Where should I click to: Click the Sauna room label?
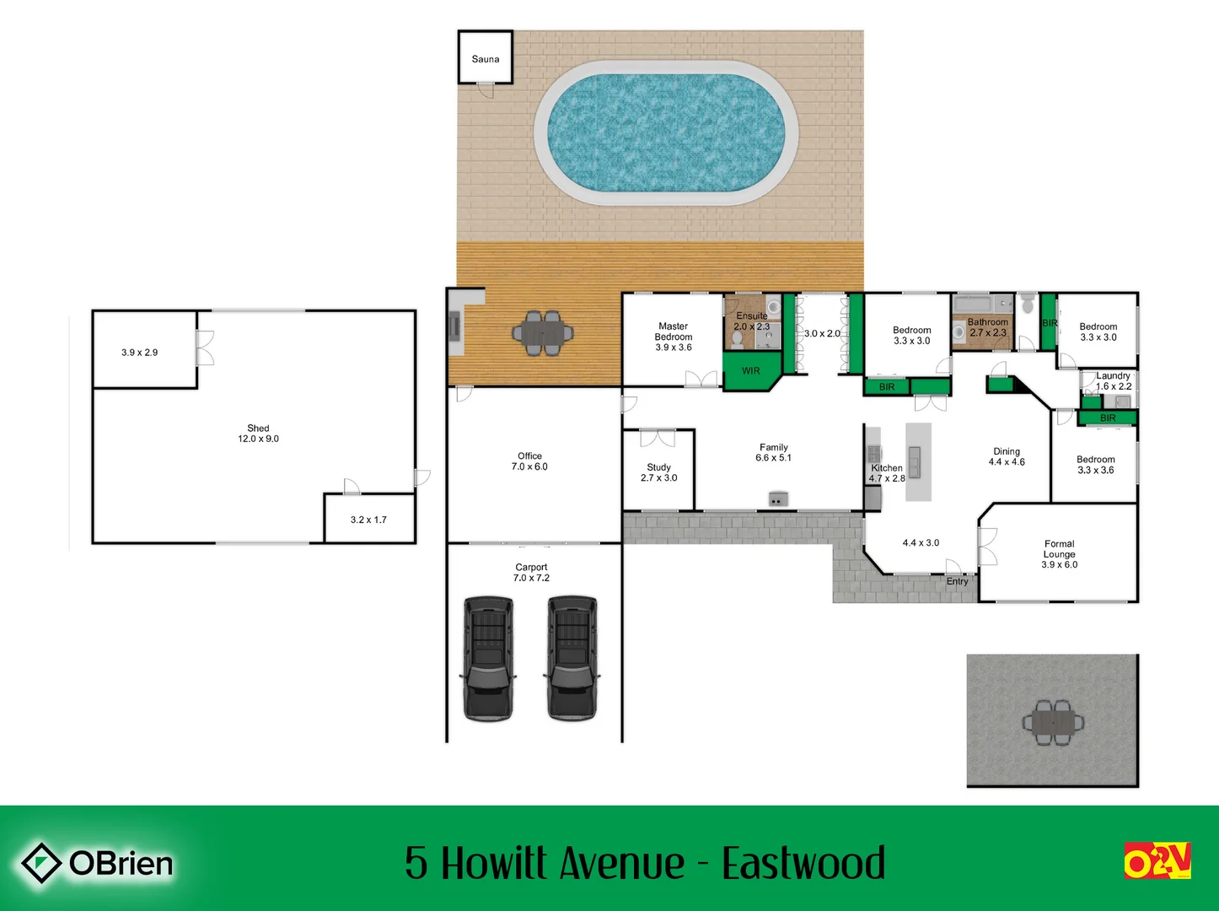click(x=485, y=59)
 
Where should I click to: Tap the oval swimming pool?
click(x=666, y=132)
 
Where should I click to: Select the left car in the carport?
click(x=488, y=658)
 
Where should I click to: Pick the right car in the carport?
click(x=572, y=658)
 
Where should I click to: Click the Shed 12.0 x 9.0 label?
click(x=258, y=434)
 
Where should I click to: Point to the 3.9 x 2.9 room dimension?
click(x=139, y=353)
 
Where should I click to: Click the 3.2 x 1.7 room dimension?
click(x=368, y=520)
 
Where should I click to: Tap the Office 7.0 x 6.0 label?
click(x=529, y=461)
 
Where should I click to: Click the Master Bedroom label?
click(x=673, y=332)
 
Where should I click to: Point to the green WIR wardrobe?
click(x=750, y=371)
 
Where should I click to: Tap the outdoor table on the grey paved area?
click(x=1053, y=722)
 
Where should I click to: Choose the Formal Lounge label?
click(x=1059, y=549)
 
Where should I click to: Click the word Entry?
click(x=957, y=581)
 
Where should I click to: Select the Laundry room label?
click(x=1113, y=376)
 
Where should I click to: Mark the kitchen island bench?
click(x=918, y=461)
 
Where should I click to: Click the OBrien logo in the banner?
click(x=97, y=863)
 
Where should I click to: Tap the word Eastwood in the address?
click(x=803, y=863)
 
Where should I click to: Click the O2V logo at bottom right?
click(x=1157, y=860)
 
